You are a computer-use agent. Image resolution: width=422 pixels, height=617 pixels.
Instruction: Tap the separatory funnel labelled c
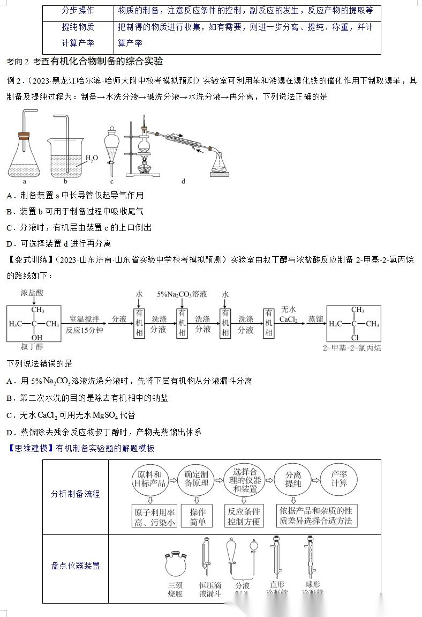pos(112,145)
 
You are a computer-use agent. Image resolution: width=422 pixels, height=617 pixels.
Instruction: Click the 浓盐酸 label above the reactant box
pos(32,293)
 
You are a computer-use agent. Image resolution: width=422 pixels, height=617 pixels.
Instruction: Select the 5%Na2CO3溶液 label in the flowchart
pos(182,294)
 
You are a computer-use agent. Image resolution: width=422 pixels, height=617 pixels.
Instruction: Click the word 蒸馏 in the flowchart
pos(315,319)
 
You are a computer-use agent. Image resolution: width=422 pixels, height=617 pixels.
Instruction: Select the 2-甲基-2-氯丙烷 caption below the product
pos(352,348)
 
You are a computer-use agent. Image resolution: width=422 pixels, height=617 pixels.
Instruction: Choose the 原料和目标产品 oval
pos(149,479)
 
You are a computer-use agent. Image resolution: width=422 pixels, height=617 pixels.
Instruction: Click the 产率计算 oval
pos(339,479)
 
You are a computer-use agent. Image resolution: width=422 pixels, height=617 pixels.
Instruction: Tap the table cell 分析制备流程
pos(76,494)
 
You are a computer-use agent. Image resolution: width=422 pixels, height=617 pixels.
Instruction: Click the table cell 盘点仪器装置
pos(76,566)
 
